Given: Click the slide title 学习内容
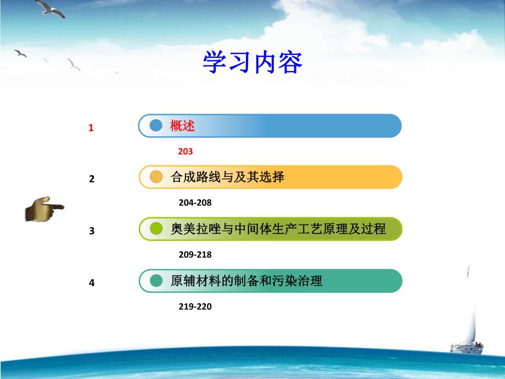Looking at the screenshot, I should (252, 63).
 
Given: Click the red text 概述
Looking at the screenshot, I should (182, 126).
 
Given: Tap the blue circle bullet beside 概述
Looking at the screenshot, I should (156, 125).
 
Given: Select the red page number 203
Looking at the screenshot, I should (186, 151).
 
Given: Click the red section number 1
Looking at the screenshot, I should (92, 128).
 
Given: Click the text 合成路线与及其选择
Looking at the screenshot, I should (227, 177).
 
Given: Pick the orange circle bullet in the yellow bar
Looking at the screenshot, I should (156, 177).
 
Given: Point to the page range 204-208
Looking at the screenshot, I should (195, 203).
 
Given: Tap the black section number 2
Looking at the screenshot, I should (92, 179).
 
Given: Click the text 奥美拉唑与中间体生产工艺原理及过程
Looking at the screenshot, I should (278, 228).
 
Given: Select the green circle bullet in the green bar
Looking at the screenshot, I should (156, 229).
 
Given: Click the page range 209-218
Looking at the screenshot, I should (195, 255).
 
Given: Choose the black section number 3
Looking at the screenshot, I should (92, 231).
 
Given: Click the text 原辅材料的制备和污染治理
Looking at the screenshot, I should (246, 281).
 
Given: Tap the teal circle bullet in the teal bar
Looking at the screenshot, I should (156, 281).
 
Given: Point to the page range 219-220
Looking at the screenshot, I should (195, 307).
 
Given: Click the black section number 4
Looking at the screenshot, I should (92, 283).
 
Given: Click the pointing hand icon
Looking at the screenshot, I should (43, 209).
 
